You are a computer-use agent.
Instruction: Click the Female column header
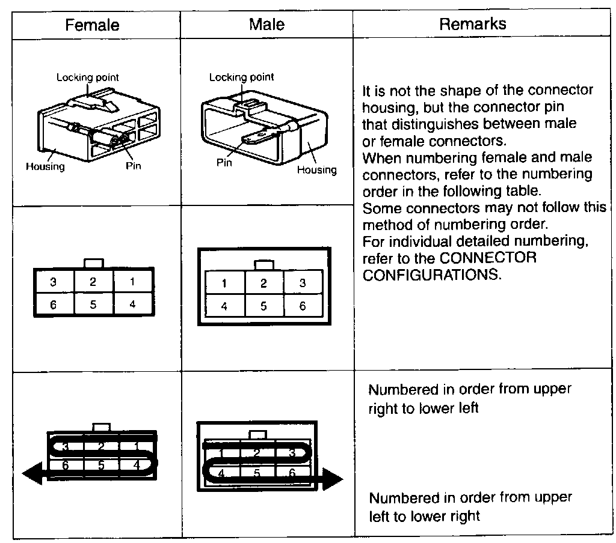coord(92,25)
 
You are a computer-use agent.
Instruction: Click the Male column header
coord(266,24)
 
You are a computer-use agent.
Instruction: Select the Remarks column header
coord(472,24)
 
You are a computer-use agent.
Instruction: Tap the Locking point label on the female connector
coord(88,77)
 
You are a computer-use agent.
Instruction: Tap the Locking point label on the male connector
coord(241,77)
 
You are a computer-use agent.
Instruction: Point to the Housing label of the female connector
coord(45,166)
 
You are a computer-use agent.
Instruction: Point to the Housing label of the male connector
coord(317,170)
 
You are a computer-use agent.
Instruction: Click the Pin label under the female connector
coord(134,166)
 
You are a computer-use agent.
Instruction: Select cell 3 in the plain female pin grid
coord(54,282)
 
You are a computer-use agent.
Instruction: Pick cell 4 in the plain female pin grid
coord(132,304)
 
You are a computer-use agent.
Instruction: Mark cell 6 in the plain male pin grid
coord(303,306)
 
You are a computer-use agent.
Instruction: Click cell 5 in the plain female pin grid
coord(93,304)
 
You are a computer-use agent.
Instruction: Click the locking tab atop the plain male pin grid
coord(263,264)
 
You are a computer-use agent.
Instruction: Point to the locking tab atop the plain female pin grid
coord(94,263)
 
